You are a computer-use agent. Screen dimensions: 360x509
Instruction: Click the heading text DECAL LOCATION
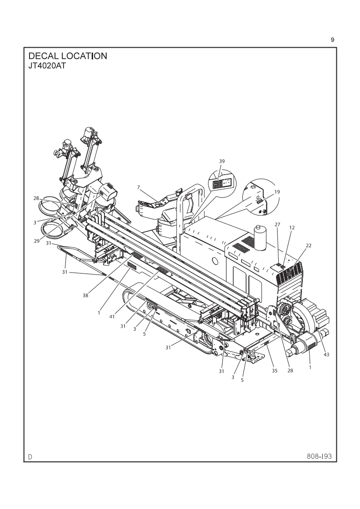pos(68,56)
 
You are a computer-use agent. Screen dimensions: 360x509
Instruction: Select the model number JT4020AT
pos(47,65)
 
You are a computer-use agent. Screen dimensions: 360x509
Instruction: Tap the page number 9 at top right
pos(332,40)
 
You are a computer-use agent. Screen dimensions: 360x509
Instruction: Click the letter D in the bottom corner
pos(30,456)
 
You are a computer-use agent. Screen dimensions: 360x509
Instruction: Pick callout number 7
pos(138,187)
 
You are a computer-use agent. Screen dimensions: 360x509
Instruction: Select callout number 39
pos(222,161)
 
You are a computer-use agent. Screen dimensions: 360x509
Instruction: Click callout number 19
pos(277,192)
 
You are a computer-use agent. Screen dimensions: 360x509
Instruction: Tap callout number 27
pos(278,225)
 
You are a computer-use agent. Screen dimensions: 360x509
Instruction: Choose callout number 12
pos(292,228)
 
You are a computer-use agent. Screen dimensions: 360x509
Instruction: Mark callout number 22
pos(309,245)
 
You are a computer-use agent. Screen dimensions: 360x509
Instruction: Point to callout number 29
pos(36,241)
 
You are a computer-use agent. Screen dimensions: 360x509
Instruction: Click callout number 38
pos(85,295)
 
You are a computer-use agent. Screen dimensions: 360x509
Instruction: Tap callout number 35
pos(274,371)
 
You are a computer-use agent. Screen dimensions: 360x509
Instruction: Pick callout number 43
pos(326,355)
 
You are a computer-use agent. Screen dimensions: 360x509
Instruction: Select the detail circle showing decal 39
pos(223,183)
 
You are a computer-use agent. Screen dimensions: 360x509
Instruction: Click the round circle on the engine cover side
pos(214,262)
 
